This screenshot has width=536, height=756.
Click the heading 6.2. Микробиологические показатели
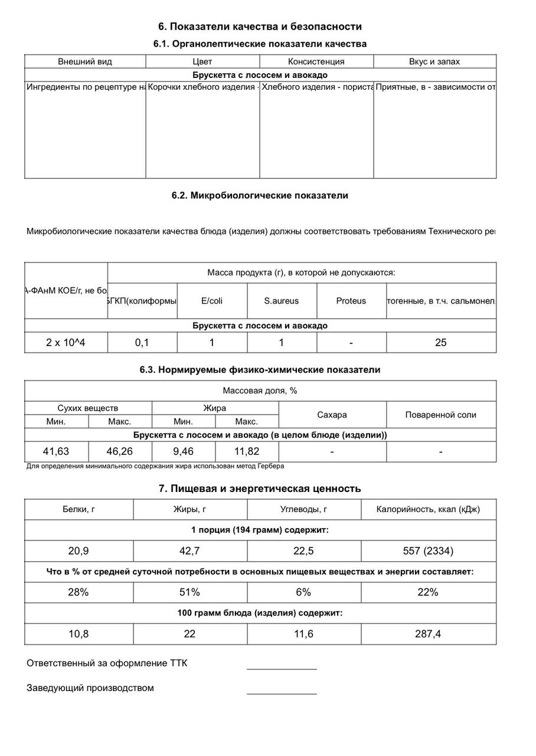[260, 195]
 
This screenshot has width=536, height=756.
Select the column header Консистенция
[316, 61]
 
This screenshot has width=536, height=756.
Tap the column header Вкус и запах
[434, 61]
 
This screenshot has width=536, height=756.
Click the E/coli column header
[212, 301]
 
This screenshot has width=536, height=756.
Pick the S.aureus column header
[281, 301]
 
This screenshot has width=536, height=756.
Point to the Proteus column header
[351, 301]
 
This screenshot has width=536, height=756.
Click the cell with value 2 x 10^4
[66, 342]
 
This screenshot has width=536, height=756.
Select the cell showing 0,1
[142, 342]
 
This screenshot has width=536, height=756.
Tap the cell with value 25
[440, 342]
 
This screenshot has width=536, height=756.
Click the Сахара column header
[332, 415]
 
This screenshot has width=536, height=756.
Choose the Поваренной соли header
[440, 415]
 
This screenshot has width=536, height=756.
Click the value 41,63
[56, 451]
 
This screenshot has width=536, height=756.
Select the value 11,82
[247, 451]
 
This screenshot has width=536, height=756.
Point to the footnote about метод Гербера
[155, 466]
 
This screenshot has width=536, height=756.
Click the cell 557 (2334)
[428, 551]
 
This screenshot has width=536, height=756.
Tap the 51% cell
[189, 592]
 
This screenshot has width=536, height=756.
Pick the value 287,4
[428, 634]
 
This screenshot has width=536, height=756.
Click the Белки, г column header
[79, 509]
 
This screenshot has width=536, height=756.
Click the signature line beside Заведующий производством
[282, 692]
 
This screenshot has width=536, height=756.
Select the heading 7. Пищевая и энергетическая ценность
[260, 488]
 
